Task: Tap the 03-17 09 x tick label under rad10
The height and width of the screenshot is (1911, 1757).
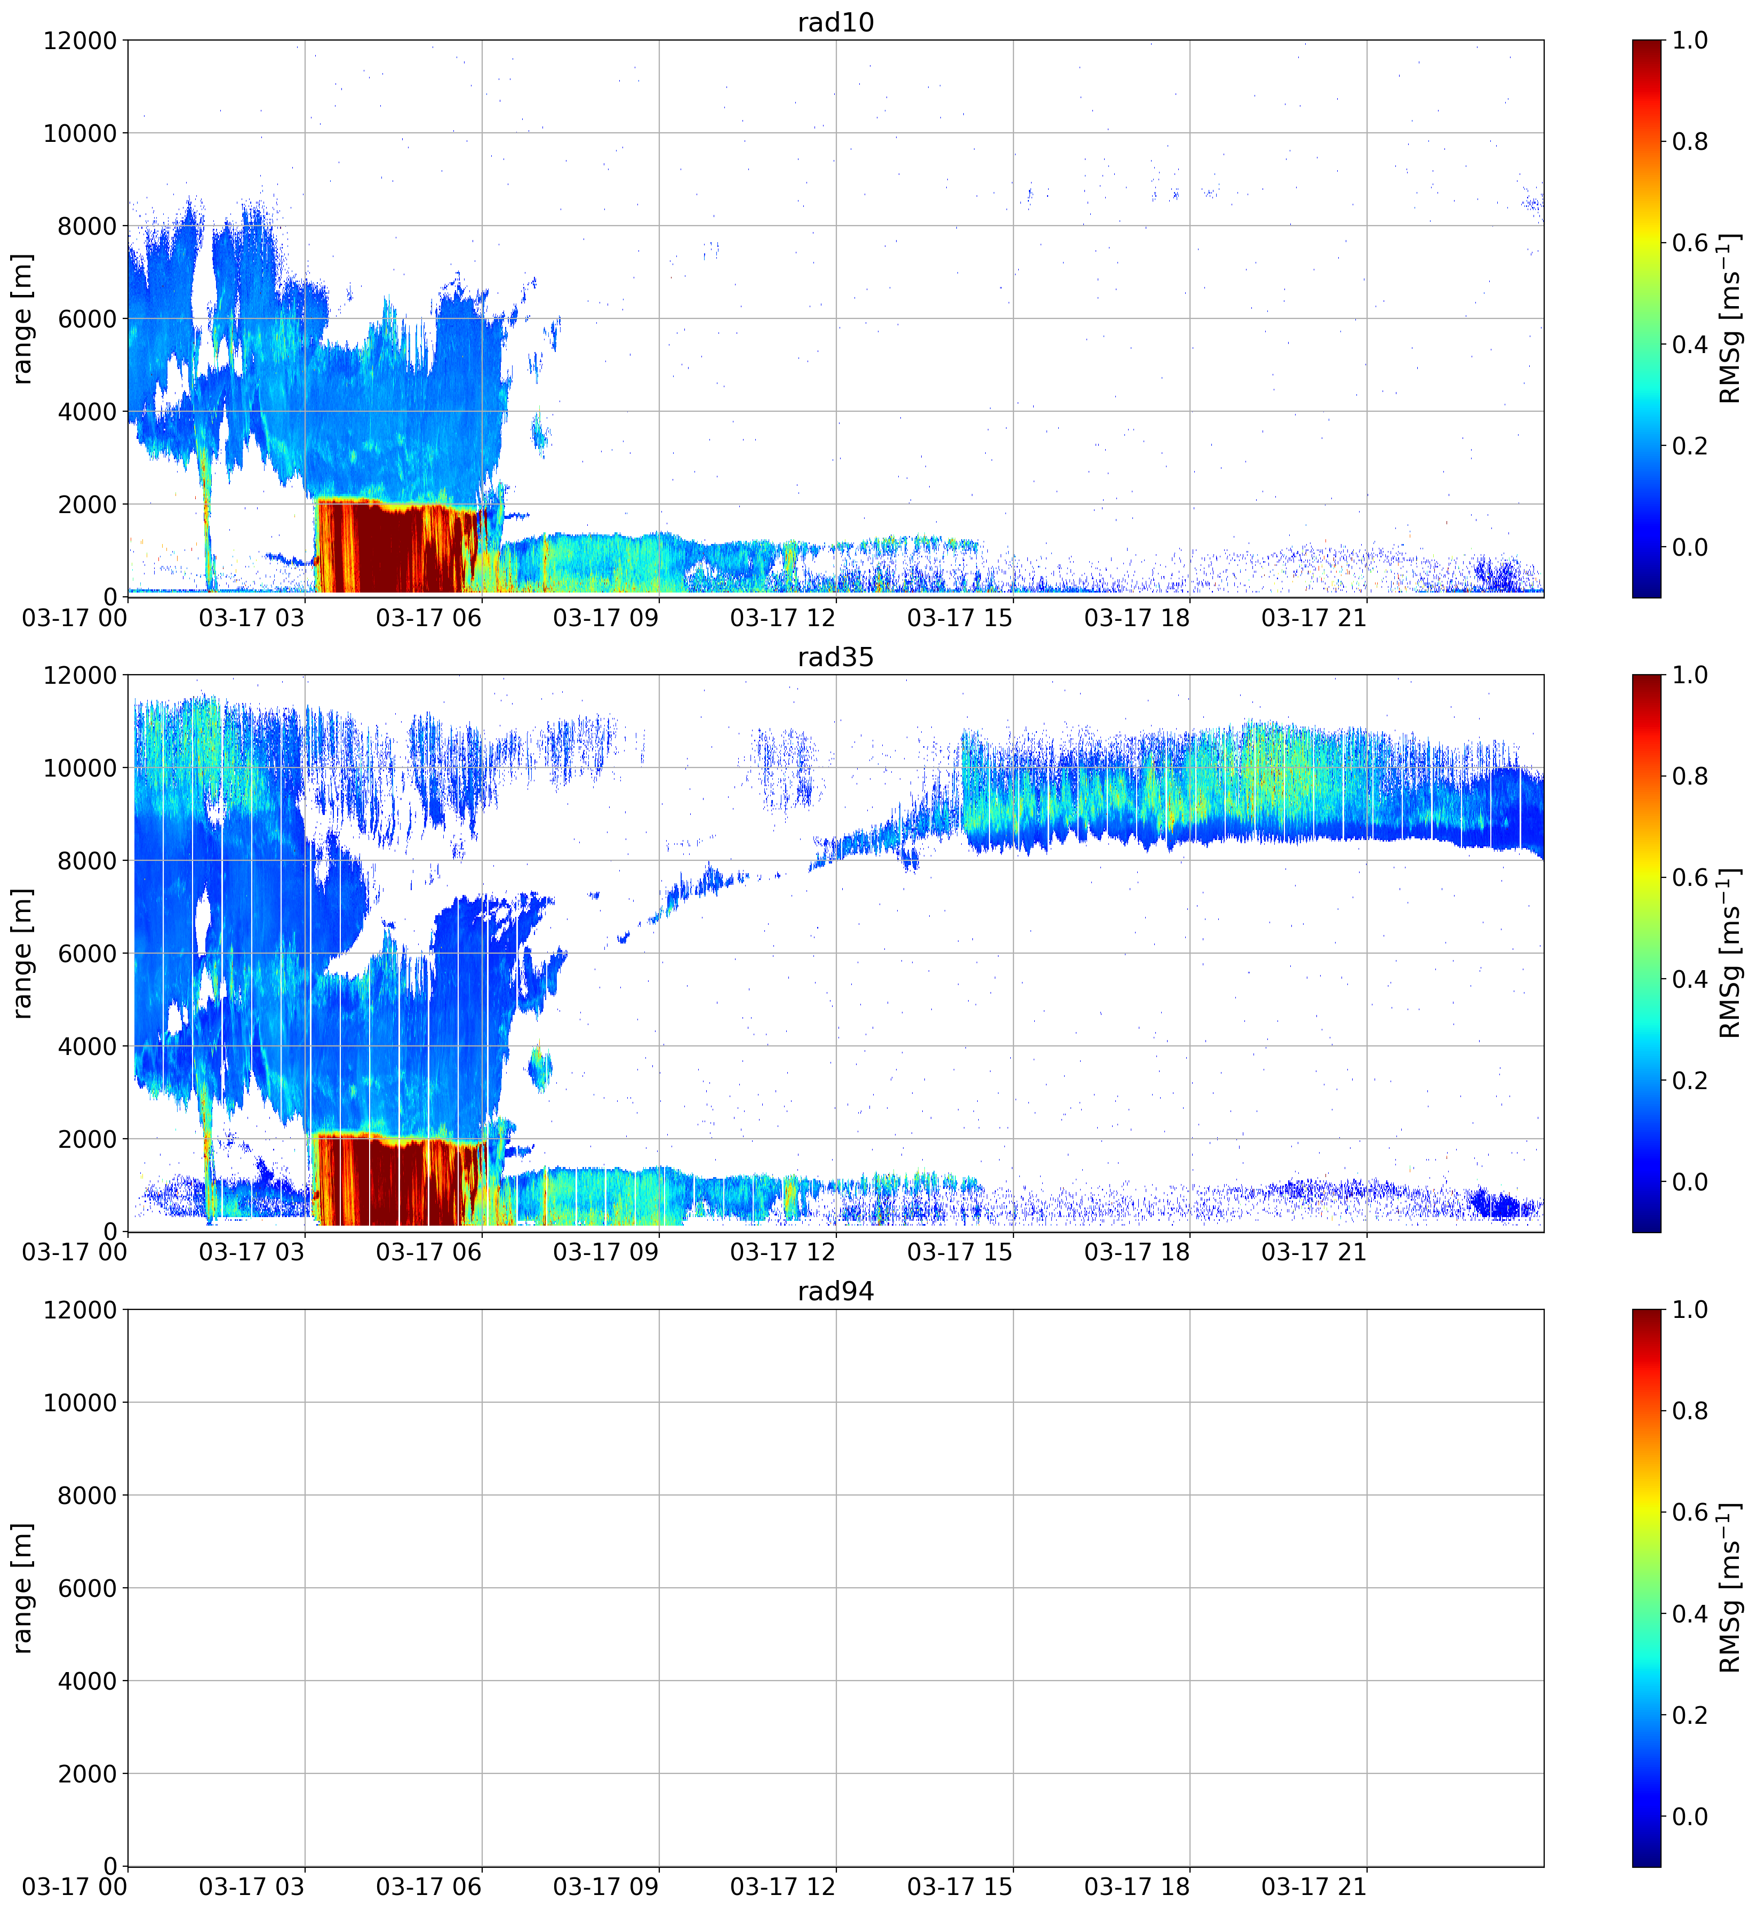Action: pyautogui.click(x=605, y=618)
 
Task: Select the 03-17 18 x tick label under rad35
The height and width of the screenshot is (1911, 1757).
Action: pyautogui.click(x=1137, y=1252)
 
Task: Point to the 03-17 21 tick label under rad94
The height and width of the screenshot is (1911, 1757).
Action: pyautogui.click(x=1314, y=1887)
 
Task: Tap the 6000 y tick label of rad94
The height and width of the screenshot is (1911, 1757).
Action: pyautogui.click(x=87, y=1589)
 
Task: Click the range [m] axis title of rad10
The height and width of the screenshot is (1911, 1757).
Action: pyautogui.click(x=22, y=318)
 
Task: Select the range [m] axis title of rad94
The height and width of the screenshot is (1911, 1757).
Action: pyautogui.click(x=22, y=1588)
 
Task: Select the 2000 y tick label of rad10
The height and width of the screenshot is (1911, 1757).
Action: pyautogui.click(x=87, y=505)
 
